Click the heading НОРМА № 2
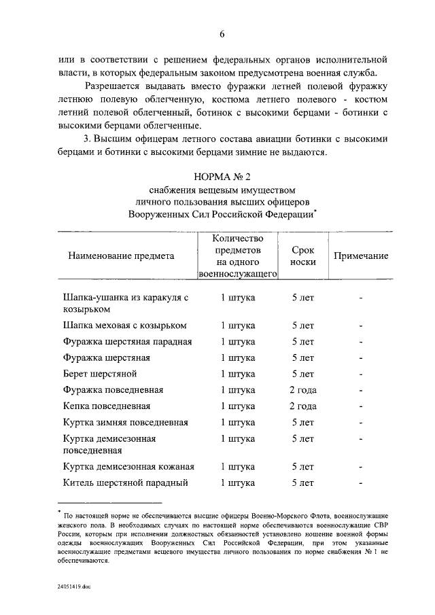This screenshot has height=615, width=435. point(222,176)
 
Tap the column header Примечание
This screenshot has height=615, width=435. point(360,256)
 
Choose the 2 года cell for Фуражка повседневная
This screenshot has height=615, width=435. point(302,390)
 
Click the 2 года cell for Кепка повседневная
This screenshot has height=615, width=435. point(302,406)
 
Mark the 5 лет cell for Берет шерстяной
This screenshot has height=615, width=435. point(302,374)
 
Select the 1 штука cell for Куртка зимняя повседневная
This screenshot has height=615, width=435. point(238,423)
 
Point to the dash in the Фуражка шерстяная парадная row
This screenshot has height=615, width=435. point(362,342)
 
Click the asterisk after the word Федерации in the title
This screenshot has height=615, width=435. point(316,211)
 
